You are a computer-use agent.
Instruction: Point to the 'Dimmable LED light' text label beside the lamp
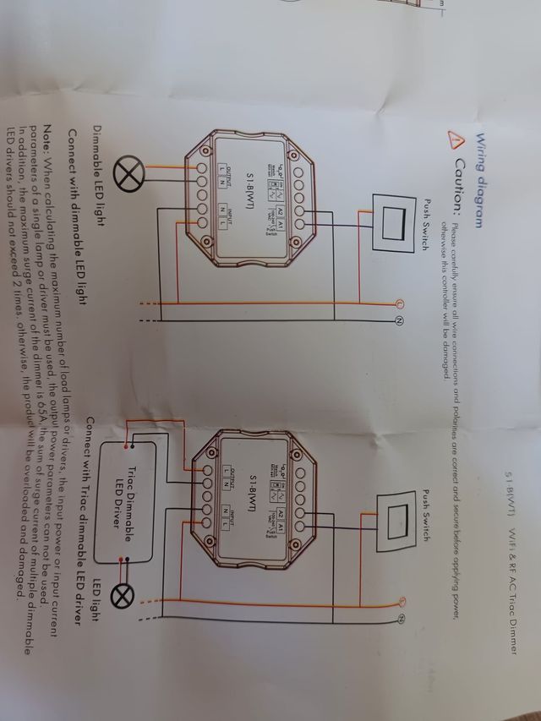(98, 172)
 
